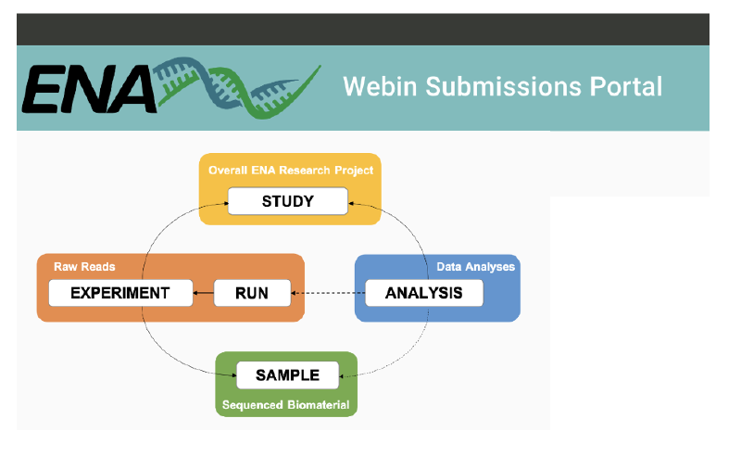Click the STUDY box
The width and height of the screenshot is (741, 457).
[x=288, y=201]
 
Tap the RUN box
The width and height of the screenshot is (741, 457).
[x=252, y=293]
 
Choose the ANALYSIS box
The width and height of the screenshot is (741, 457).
[x=424, y=293]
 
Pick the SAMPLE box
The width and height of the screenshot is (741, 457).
[x=287, y=374]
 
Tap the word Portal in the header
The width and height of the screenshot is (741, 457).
[x=627, y=87]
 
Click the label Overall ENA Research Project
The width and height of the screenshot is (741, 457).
[x=291, y=171]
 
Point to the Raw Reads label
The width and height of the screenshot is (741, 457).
[x=82, y=267]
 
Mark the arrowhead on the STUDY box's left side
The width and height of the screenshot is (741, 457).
[x=224, y=202]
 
